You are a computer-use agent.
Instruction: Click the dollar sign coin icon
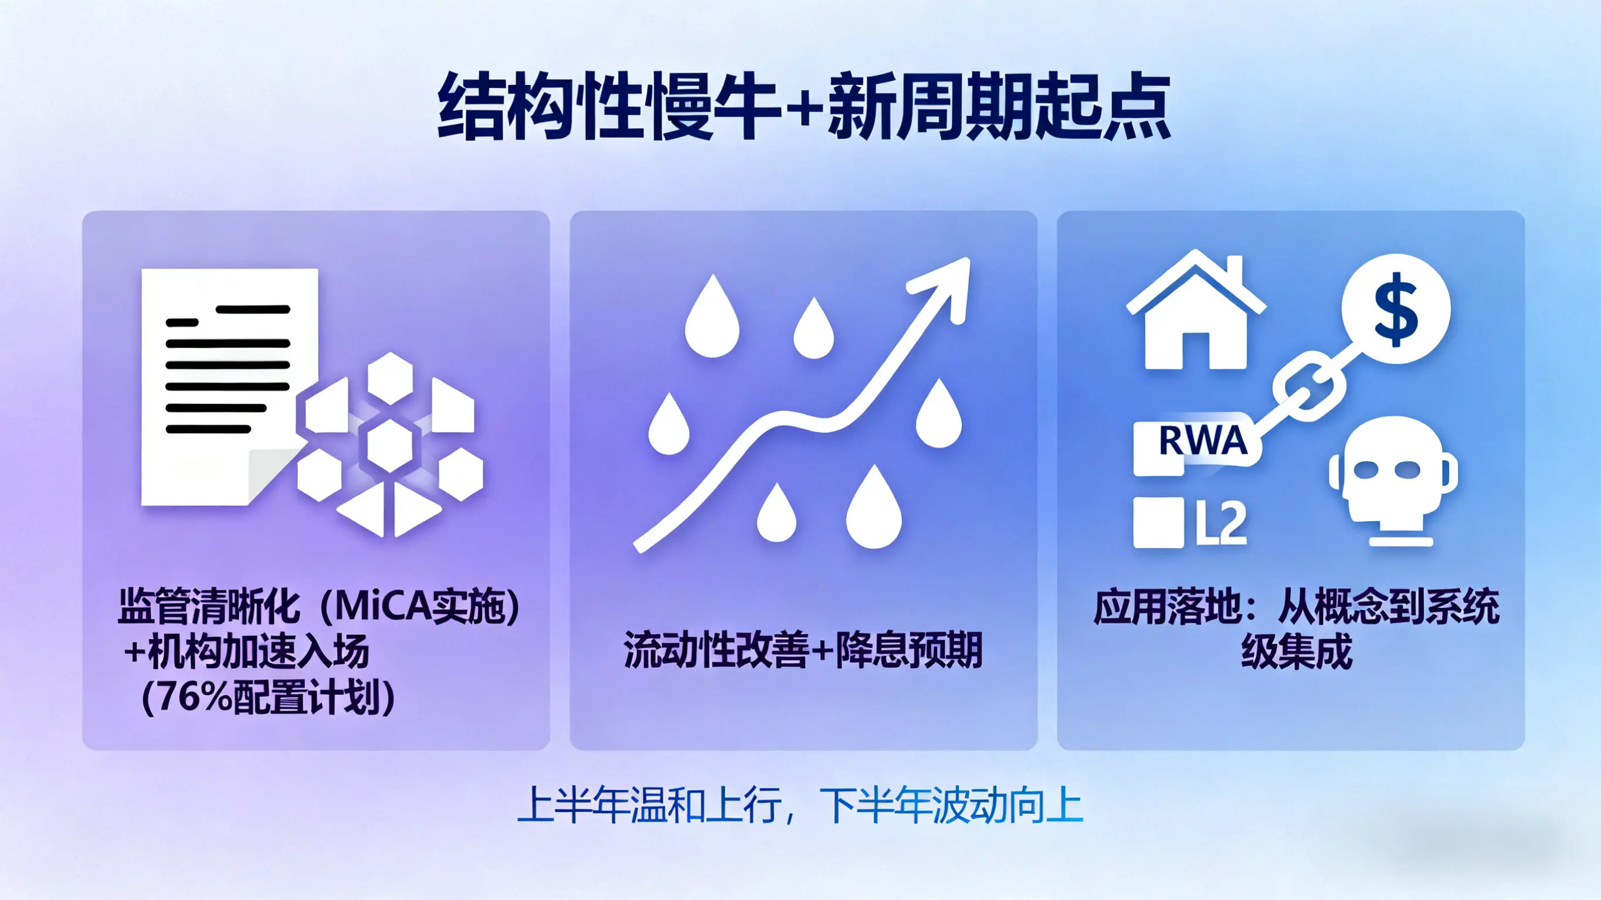pyautogui.click(x=1396, y=309)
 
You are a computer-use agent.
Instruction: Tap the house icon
pyautogui.click(x=1196, y=310)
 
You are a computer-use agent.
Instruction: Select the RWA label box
pyautogui.click(x=1197, y=448)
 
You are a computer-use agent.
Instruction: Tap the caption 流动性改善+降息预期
pyautogui.click(x=803, y=650)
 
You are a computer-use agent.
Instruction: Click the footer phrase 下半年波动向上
pyautogui.click(x=951, y=805)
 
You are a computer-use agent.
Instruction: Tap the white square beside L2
pyautogui.click(x=1158, y=522)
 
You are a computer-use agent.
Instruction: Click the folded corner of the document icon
pyautogui.click(x=273, y=476)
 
